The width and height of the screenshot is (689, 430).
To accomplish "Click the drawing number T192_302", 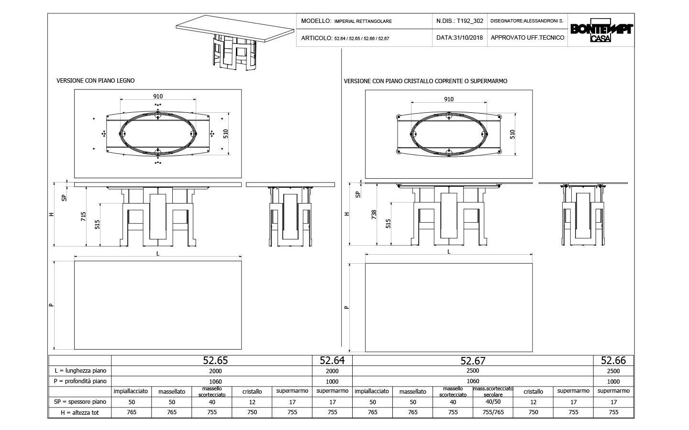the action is (x=470, y=21).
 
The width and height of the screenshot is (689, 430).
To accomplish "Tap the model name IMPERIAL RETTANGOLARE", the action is (x=363, y=21).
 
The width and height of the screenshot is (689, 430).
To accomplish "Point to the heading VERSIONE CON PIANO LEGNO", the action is (x=96, y=80).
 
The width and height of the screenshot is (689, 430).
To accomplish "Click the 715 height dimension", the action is (x=83, y=216).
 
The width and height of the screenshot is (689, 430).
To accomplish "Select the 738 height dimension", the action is (x=374, y=215).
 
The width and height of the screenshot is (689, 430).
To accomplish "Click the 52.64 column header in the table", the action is (x=332, y=360).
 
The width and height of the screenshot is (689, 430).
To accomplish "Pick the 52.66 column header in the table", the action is (x=613, y=360).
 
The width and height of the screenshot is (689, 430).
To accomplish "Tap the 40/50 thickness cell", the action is (x=493, y=402).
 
